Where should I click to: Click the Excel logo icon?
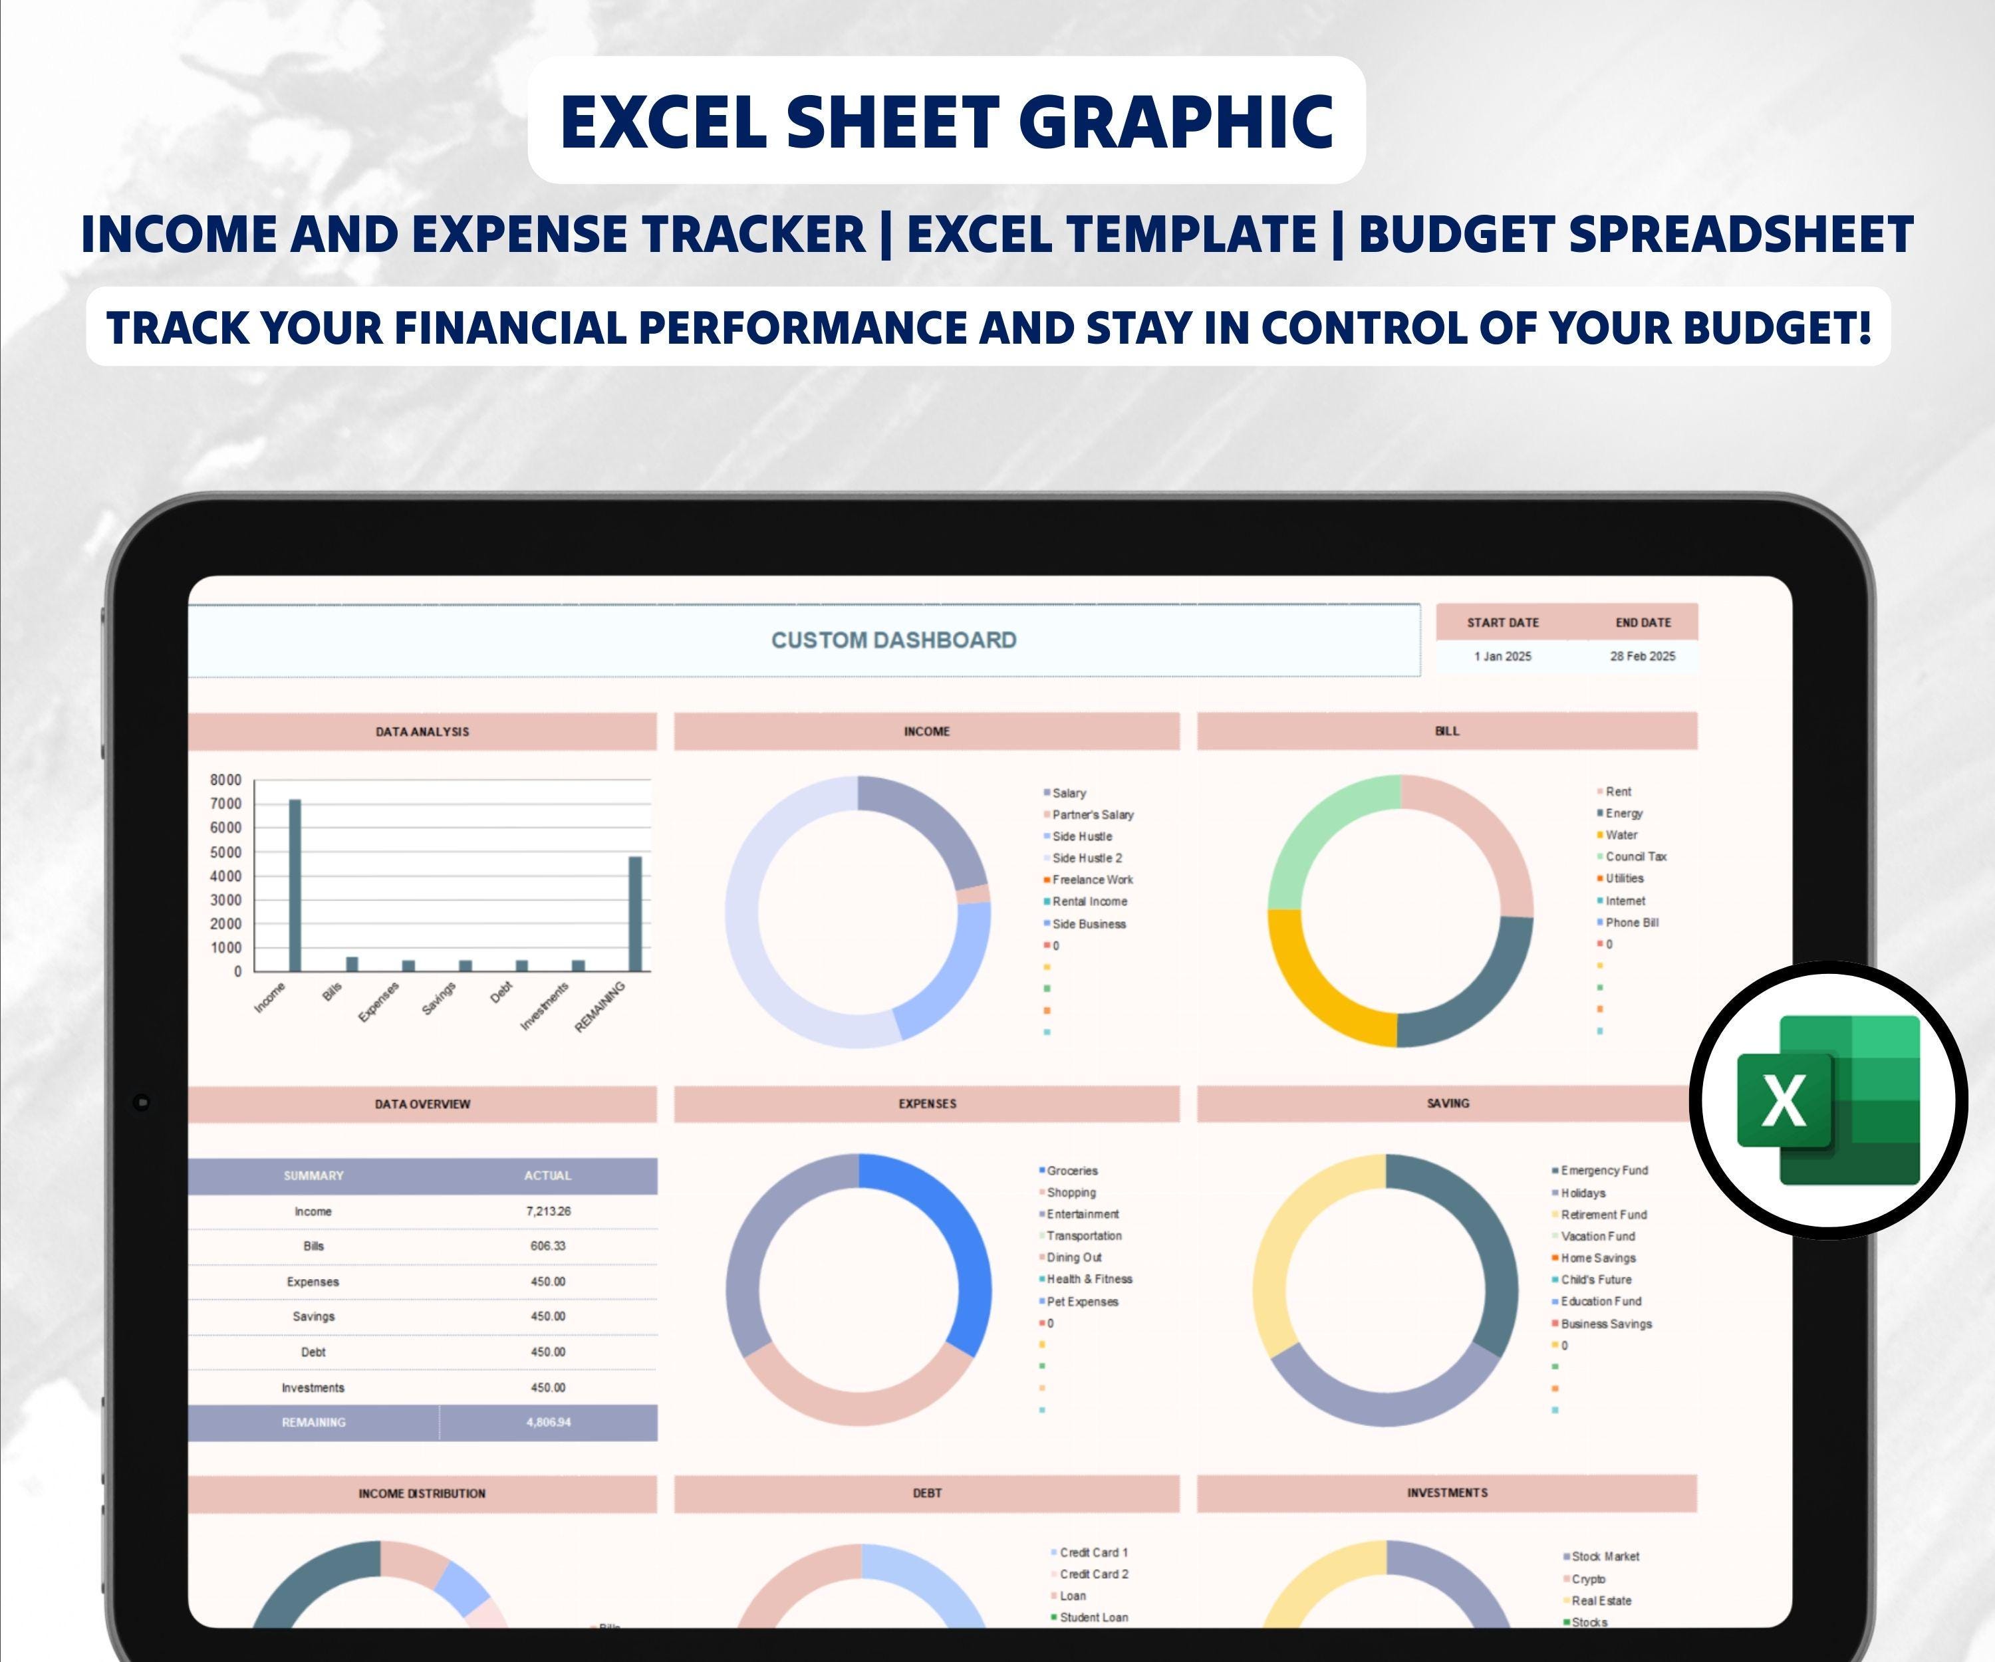tap(1828, 1100)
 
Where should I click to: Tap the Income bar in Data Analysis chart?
tap(295, 885)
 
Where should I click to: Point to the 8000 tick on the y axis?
tap(226, 780)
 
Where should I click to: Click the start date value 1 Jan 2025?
tap(1502, 656)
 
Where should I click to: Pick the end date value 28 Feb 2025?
tap(1643, 656)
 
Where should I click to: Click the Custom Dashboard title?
tap(893, 640)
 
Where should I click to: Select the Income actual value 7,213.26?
tap(548, 1211)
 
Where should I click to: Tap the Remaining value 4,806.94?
tap(548, 1422)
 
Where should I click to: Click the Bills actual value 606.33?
tap(548, 1246)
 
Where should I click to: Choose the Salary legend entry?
tap(1069, 793)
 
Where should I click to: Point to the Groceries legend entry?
tap(1071, 1171)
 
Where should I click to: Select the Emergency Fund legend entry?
tap(1603, 1170)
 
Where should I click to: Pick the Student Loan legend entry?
tap(1093, 1617)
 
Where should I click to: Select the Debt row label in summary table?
tap(313, 1352)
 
